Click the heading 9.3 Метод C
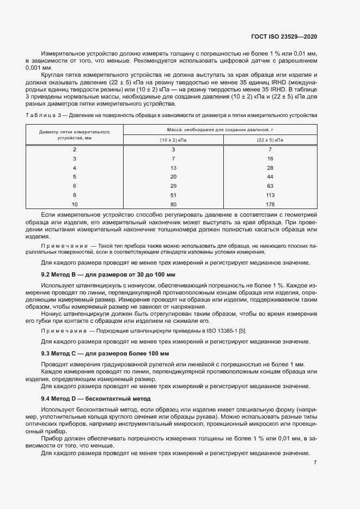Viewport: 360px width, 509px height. point(105,353)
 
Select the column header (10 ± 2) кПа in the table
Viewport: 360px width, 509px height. point(173,140)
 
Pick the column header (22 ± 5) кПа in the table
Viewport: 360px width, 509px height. point(270,140)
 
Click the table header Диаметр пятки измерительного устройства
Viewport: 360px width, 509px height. point(75,135)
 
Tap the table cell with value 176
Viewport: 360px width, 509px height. point(270,204)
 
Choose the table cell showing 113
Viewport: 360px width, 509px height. point(270,195)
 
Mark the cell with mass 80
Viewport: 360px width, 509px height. point(173,204)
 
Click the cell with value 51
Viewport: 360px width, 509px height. point(173,195)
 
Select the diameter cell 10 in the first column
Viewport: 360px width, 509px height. point(75,204)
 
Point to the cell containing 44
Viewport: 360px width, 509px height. point(270,176)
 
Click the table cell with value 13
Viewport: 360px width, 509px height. point(173,168)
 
